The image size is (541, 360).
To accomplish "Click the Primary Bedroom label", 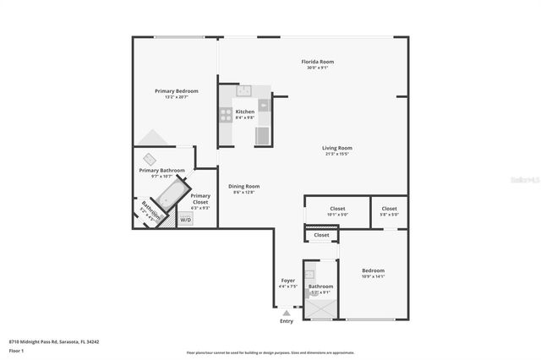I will [x=176, y=90].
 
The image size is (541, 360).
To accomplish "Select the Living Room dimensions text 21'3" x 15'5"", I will [x=337, y=154].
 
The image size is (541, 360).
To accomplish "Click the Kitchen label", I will [x=244, y=112].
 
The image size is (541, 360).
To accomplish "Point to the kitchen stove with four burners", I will [x=226, y=115].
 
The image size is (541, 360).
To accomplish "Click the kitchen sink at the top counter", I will [x=243, y=91].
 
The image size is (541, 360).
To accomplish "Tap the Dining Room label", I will [x=243, y=186].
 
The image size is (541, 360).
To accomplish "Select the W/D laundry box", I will [x=185, y=219].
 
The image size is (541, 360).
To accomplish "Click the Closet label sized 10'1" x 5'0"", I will [x=337, y=208].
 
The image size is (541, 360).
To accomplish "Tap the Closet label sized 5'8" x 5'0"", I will [x=389, y=208].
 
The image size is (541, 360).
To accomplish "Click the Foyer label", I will [x=288, y=281].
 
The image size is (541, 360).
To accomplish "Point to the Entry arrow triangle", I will [x=287, y=312].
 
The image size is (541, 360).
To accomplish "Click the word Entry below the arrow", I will [x=287, y=321].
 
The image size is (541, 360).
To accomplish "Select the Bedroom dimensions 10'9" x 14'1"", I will [x=373, y=276].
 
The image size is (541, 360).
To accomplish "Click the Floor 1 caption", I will [x=16, y=350].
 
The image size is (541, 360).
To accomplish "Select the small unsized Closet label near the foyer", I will [x=321, y=235].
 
